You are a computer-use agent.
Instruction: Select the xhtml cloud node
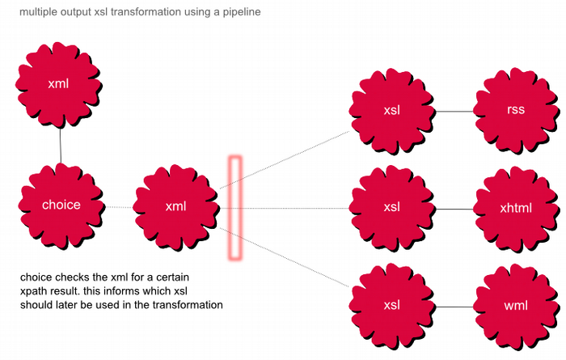click(x=516, y=208)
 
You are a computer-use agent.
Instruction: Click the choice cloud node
click(x=61, y=205)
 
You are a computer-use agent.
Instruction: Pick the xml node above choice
click(x=58, y=84)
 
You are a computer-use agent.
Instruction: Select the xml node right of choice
click(x=175, y=206)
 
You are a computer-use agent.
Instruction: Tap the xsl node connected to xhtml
click(x=392, y=207)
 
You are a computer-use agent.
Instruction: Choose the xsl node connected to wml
click(x=392, y=306)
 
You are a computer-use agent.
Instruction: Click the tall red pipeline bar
click(x=235, y=208)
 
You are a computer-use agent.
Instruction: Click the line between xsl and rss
click(x=454, y=111)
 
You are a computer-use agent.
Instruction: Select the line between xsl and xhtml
click(x=454, y=209)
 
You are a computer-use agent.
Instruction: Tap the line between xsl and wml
click(x=454, y=307)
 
